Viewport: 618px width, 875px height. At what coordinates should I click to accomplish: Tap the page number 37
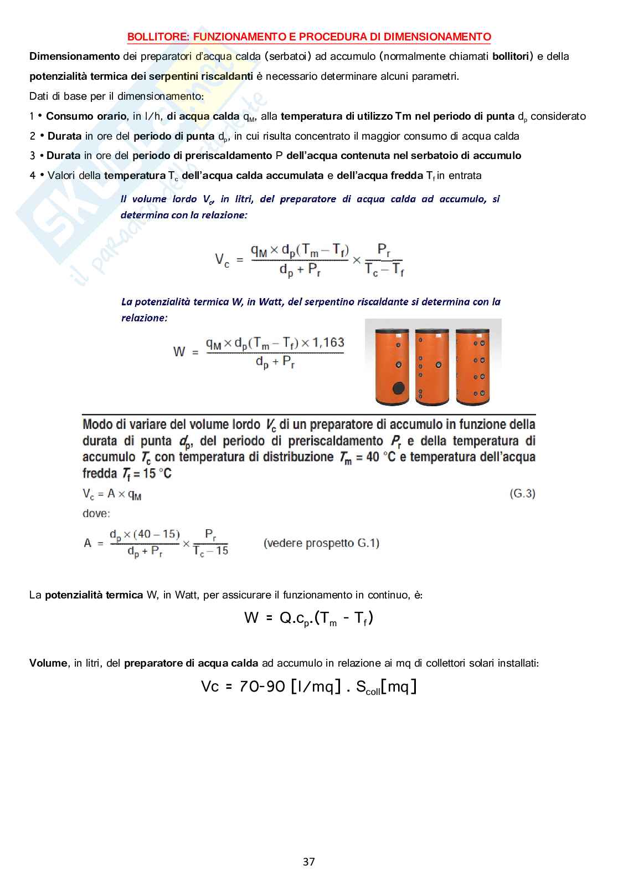tap(309, 862)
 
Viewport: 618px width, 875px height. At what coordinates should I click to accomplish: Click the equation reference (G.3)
tap(522, 493)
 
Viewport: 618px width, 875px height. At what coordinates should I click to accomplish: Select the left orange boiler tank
tap(392, 366)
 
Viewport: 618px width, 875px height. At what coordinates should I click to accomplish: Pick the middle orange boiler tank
tap(432, 366)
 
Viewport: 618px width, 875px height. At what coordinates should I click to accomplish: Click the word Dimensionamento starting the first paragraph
tap(75, 57)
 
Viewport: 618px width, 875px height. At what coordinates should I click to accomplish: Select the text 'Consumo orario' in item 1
tap(86, 116)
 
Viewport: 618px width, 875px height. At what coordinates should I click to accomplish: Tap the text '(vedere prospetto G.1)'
tap(321, 543)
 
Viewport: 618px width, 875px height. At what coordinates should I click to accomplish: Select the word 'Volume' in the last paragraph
tap(48, 663)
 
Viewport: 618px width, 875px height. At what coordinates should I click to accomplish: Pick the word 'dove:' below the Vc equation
tap(96, 514)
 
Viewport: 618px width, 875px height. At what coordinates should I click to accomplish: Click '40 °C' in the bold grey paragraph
tap(381, 458)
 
